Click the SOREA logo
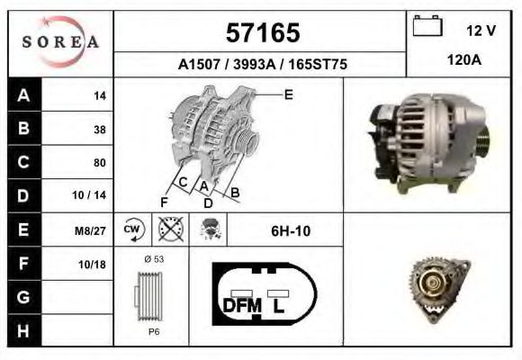[60, 42]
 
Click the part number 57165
[260, 34]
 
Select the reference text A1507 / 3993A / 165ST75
[260, 65]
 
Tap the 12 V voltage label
[481, 31]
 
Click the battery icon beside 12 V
[425, 27]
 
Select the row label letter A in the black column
[23, 94]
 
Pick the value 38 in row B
[99, 129]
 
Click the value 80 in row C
[99, 163]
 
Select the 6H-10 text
[290, 230]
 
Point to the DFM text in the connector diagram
[241, 306]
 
